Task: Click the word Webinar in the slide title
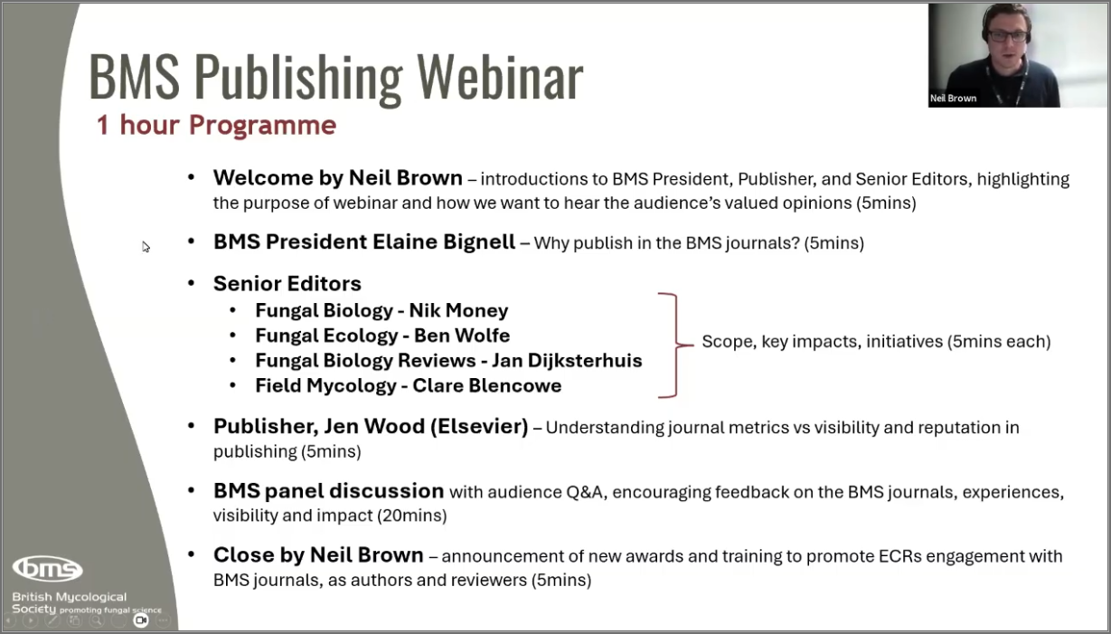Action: (500, 77)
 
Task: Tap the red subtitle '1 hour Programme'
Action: (217, 125)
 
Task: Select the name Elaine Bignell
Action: (444, 242)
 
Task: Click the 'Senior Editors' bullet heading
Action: (287, 284)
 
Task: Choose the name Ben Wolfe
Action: (462, 336)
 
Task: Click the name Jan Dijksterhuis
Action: (567, 361)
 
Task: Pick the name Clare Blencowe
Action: (487, 386)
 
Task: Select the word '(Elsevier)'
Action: (479, 427)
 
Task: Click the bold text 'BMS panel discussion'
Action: (328, 490)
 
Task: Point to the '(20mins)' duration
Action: (412, 516)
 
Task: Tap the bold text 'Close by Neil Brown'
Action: (318, 555)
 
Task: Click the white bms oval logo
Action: (48, 569)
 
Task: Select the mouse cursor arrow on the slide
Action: (146, 247)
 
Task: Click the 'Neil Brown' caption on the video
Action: (954, 99)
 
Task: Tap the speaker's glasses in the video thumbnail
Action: (1008, 35)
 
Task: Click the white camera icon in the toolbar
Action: (141, 620)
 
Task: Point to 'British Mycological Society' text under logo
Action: (70, 602)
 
